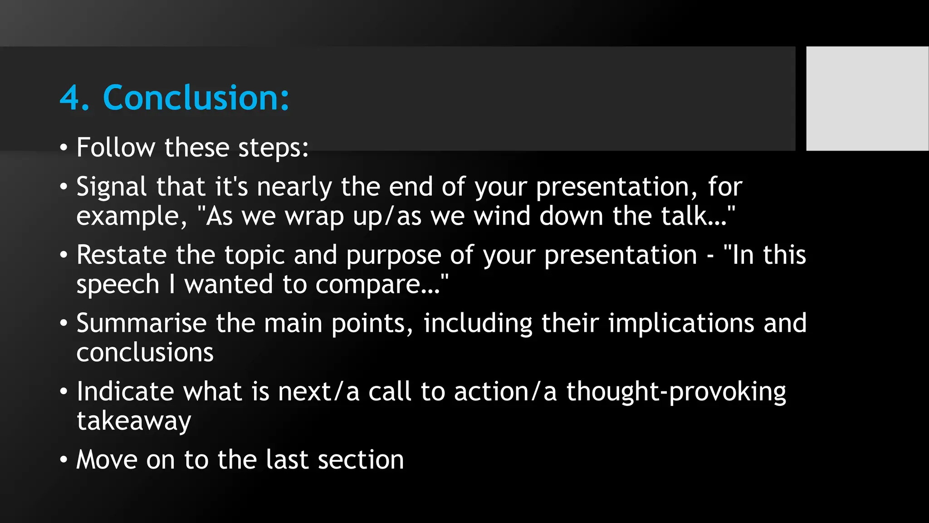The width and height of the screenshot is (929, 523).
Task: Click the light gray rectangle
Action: coord(867,99)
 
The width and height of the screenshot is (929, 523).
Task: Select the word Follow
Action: coord(115,148)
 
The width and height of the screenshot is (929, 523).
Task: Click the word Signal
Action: coord(112,187)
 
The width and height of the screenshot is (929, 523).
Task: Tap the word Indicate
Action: coord(125,391)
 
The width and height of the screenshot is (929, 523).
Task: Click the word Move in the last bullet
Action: coord(107,459)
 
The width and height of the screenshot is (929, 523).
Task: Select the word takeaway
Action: coord(134,421)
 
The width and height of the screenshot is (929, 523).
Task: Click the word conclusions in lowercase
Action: coord(145,353)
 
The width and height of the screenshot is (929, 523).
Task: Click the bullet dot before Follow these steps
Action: coord(64,148)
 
